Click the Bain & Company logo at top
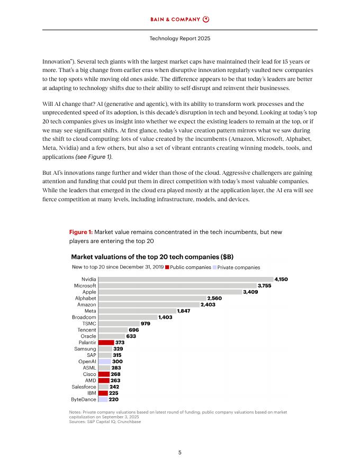[179, 20]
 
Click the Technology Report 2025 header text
[179, 39]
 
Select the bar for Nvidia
[185, 279]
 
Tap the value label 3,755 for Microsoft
[264, 285]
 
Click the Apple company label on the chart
[89, 292]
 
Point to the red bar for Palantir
[106, 342]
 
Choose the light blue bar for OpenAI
[104, 361]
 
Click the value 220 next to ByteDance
[113, 400]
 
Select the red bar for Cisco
[104, 374]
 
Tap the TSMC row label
[89, 323]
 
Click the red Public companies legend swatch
[167, 267]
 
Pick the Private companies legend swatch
[214, 267]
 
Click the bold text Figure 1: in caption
[80, 232]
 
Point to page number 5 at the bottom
[180, 452]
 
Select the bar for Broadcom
[128, 317]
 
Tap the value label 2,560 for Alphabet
[218, 298]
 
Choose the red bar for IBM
[103, 393]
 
